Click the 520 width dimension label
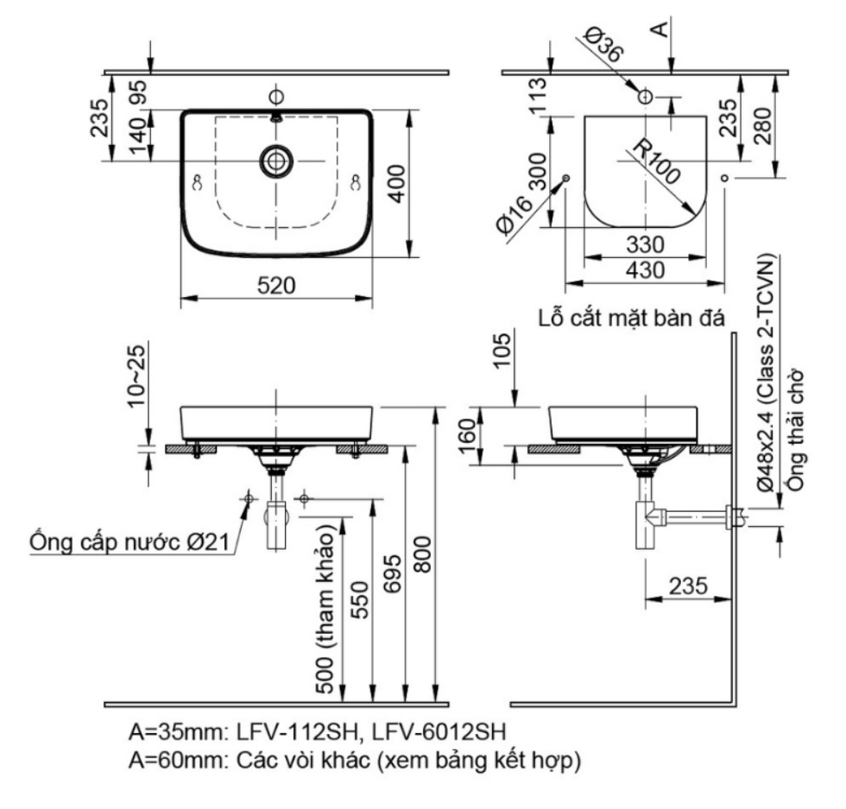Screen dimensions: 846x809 276,286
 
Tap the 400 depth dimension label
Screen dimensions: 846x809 397,184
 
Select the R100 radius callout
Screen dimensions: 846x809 656,161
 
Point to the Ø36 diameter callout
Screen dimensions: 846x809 605,43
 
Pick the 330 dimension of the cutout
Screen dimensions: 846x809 645,245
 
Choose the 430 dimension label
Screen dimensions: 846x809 645,270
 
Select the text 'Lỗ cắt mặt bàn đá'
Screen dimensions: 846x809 631,318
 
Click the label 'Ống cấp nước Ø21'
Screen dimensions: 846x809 130,542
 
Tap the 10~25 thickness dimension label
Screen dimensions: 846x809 137,376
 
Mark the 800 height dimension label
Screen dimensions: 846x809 422,554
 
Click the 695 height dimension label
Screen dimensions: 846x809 393,573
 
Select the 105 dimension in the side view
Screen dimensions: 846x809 502,351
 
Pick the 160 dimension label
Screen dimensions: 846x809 468,437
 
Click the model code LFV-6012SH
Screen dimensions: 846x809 439,732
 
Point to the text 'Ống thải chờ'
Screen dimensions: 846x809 796,430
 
